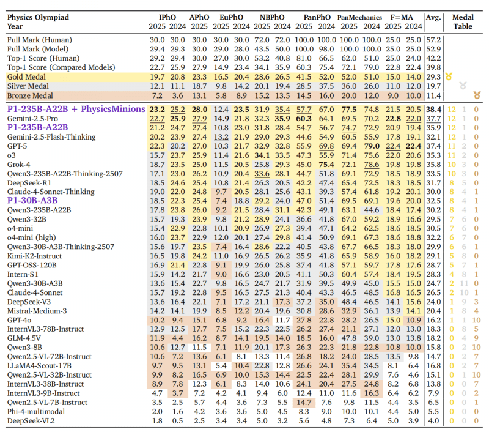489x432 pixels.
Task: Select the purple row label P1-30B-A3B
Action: coord(32,199)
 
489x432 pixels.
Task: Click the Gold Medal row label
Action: coord(30,76)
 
